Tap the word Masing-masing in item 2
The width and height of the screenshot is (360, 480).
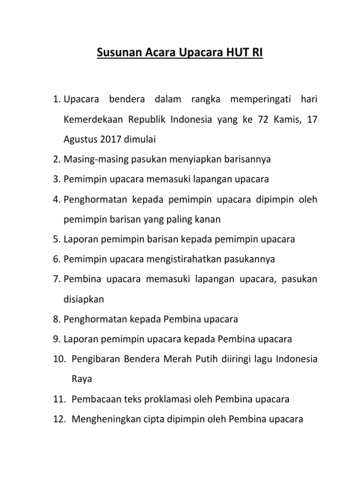pos(89,159)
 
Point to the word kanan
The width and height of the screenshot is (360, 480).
pos(208,219)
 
